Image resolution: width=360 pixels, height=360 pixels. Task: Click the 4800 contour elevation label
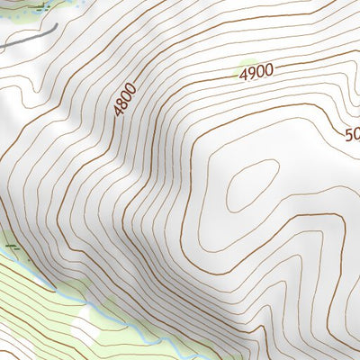[125, 99]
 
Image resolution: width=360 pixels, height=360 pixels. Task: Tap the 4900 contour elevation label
[256, 75]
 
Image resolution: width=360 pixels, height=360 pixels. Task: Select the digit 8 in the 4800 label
[122, 102]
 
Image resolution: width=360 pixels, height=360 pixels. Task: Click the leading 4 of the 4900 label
[244, 77]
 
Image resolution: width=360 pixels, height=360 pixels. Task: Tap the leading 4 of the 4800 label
[118, 111]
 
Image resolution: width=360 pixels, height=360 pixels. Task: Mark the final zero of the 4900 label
[268, 71]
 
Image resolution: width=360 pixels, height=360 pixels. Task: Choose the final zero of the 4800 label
[131, 87]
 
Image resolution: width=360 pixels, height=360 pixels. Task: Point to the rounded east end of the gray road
[57, 27]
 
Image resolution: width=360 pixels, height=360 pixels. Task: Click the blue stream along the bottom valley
[54, 286]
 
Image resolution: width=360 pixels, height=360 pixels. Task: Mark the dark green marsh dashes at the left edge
[10, 245]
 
